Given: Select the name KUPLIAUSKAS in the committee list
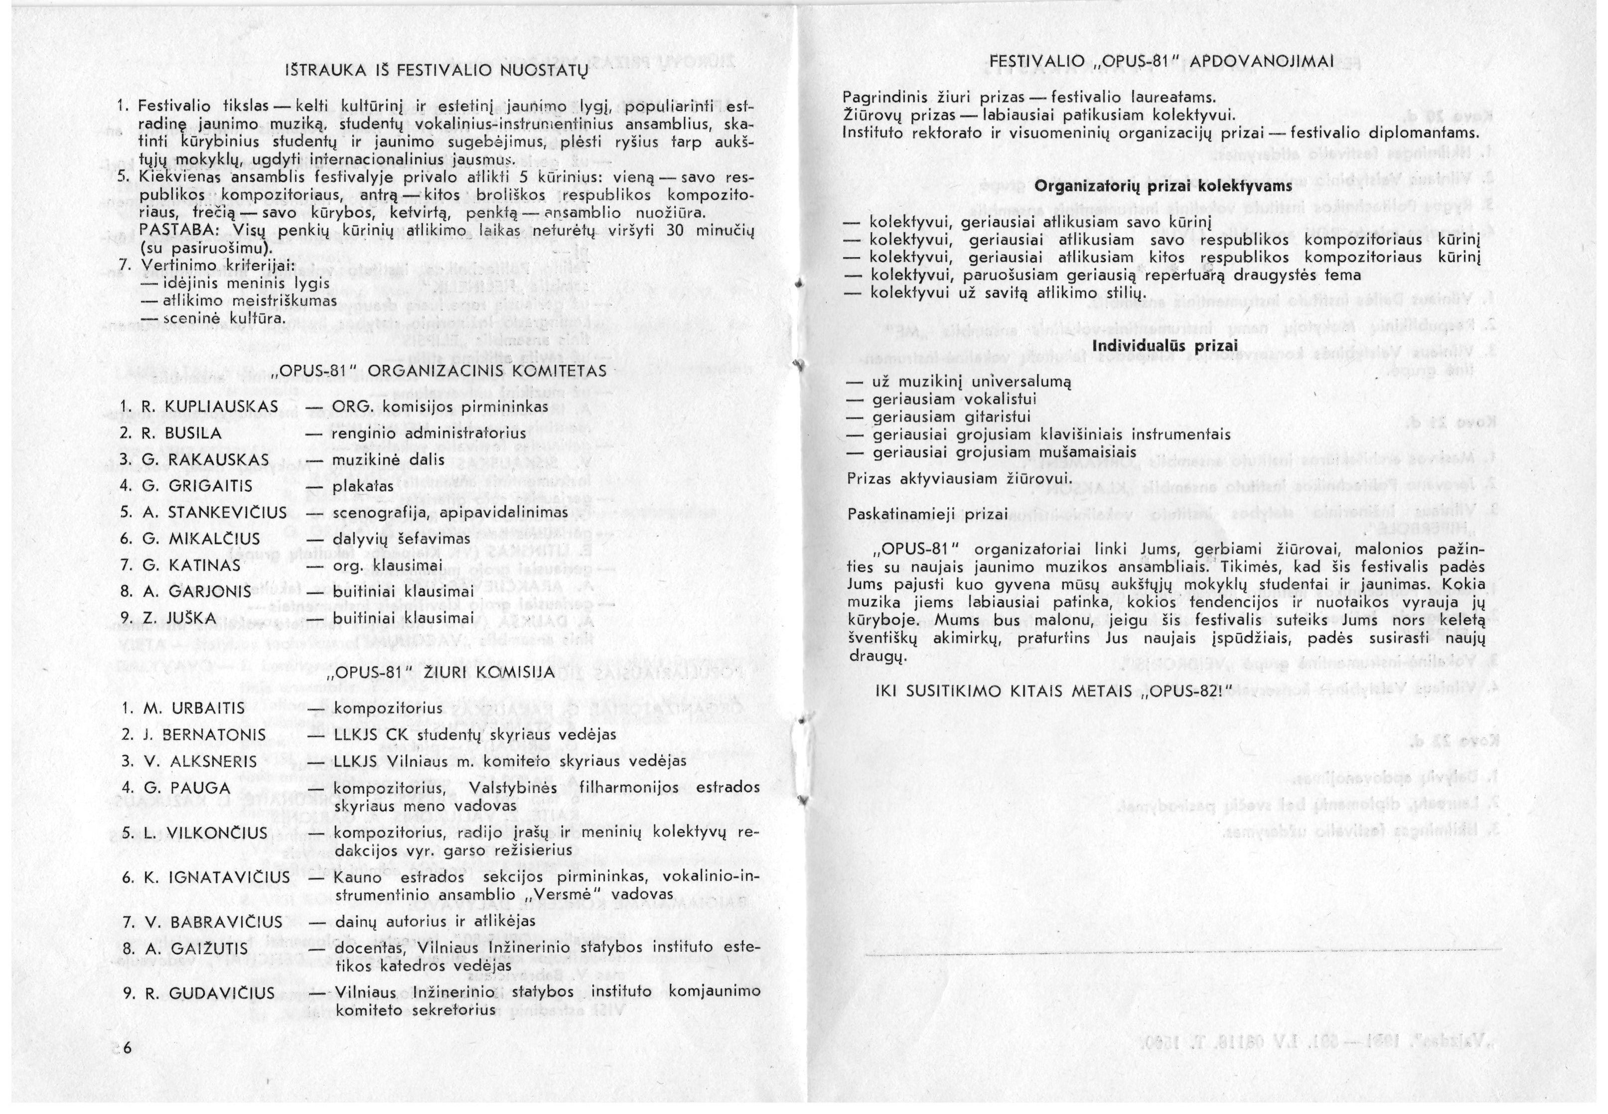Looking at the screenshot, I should [222, 407].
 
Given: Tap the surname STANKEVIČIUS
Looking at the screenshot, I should [228, 513].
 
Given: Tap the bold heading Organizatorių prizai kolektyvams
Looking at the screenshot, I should [1164, 186].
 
